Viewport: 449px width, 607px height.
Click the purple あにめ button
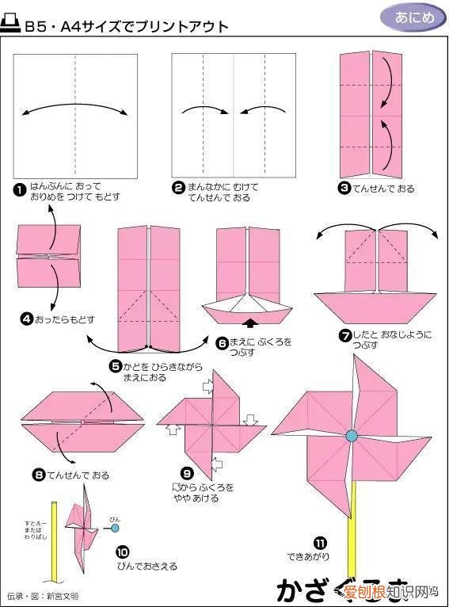coord(407,16)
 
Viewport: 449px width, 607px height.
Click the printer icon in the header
coord(12,25)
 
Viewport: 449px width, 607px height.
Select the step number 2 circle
coord(178,188)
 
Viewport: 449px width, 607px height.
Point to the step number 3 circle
coord(344,189)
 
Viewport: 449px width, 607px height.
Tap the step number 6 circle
coord(223,342)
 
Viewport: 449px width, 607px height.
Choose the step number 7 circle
coord(344,335)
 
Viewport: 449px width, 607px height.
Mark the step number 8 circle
coord(38,475)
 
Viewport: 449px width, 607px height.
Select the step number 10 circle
coord(122,552)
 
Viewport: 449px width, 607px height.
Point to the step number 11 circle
coord(318,543)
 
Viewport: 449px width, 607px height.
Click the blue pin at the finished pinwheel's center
coord(351,435)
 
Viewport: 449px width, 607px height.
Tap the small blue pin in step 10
coord(116,527)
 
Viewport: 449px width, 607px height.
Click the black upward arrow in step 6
coord(250,323)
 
